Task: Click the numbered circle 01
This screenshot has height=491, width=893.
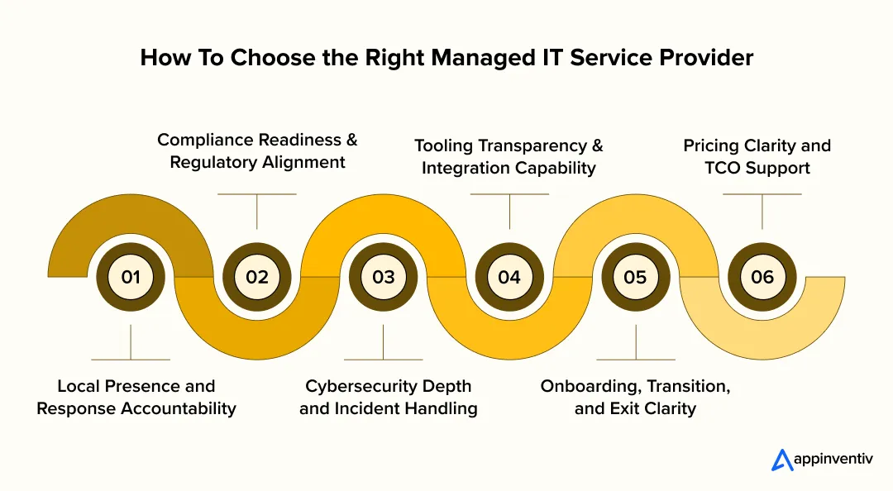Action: coord(131,277)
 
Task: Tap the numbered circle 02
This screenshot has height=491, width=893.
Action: coord(257,277)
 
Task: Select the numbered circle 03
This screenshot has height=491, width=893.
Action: coord(384,277)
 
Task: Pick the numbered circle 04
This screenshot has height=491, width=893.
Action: coord(509,277)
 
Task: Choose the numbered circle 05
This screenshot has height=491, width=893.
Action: coord(635,277)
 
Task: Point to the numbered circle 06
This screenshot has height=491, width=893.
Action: coord(762,277)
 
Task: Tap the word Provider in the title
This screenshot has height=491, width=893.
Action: coord(706,58)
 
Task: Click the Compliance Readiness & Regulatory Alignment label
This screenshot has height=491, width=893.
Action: coord(257,150)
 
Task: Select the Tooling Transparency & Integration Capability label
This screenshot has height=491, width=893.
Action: coord(509,156)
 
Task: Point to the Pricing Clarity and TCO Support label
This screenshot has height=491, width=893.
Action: coord(757,156)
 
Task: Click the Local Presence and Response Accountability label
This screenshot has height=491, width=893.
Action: coord(136,397)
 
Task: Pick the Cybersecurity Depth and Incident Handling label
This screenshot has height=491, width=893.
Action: coord(389,397)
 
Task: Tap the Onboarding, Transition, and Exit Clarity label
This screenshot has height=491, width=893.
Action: coord(635,397)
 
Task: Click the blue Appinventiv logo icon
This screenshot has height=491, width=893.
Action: coord(782,460)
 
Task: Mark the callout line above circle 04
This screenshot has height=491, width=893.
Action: coord(509,211)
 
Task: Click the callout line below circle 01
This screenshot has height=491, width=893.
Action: coord(131,342)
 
